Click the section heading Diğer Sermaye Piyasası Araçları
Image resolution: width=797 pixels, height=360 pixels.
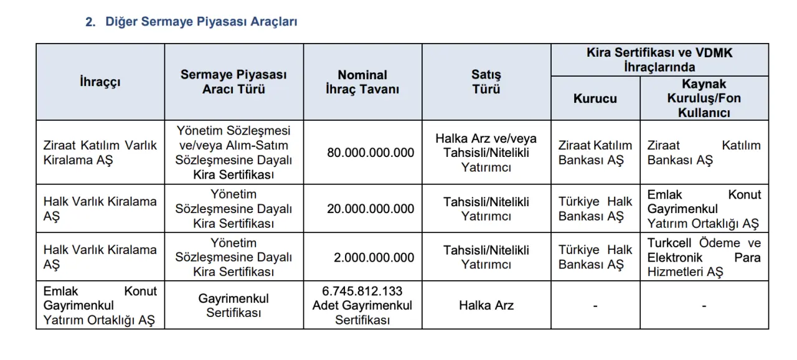pyautogui.click(x=201, y=22)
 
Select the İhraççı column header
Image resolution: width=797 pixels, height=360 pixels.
pyautogui.click(x=100, y=82)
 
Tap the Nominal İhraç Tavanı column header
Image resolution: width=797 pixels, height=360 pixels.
pyautogui.click(x=362, y=82)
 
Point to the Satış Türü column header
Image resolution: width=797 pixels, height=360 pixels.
pyautogui.click(x=486, y=82)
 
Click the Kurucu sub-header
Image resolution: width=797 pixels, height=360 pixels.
pyautogui.click(x=595, y=98)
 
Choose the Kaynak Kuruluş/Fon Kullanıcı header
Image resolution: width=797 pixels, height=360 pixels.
pyautogui.click(x=704, y=98)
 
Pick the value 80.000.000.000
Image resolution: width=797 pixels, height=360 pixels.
pyautogui.click(x=370, y=153)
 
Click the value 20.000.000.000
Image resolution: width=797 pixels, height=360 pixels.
pyautogui.click(x=370, y=209)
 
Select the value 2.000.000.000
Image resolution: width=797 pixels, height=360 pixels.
pyautogui.click(x=374, y=257)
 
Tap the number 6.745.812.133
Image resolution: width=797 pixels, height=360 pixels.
pyautogui.click(x=362, y=291)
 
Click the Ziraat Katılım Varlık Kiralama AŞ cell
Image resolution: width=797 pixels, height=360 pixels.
pyautogui.click(x=100, y=153)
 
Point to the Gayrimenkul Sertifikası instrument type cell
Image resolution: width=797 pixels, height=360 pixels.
pyautogui.click(x=233, y=306)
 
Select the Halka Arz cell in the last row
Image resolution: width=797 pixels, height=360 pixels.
pyautogui.click(x=486, y=306)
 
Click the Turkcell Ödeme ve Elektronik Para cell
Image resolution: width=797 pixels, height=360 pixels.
pyautogui.click(x=704, y=257)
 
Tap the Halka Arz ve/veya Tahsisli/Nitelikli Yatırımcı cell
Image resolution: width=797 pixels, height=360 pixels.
pyautogui.click(x=486, y=153)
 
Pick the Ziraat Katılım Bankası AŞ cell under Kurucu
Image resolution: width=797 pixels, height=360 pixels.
pyautogui.click(x=595, y=153)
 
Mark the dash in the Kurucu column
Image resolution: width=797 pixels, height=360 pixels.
pyautogui.click(x=595, y=306)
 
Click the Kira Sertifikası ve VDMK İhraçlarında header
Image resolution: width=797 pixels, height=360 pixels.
pyautogui.click(x=659, y=60)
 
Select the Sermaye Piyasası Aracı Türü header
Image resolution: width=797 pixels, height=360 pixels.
pyautogui.click(x=233, y=82)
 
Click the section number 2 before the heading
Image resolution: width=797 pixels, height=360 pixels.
pyautogui.click(x=90, y=22)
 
